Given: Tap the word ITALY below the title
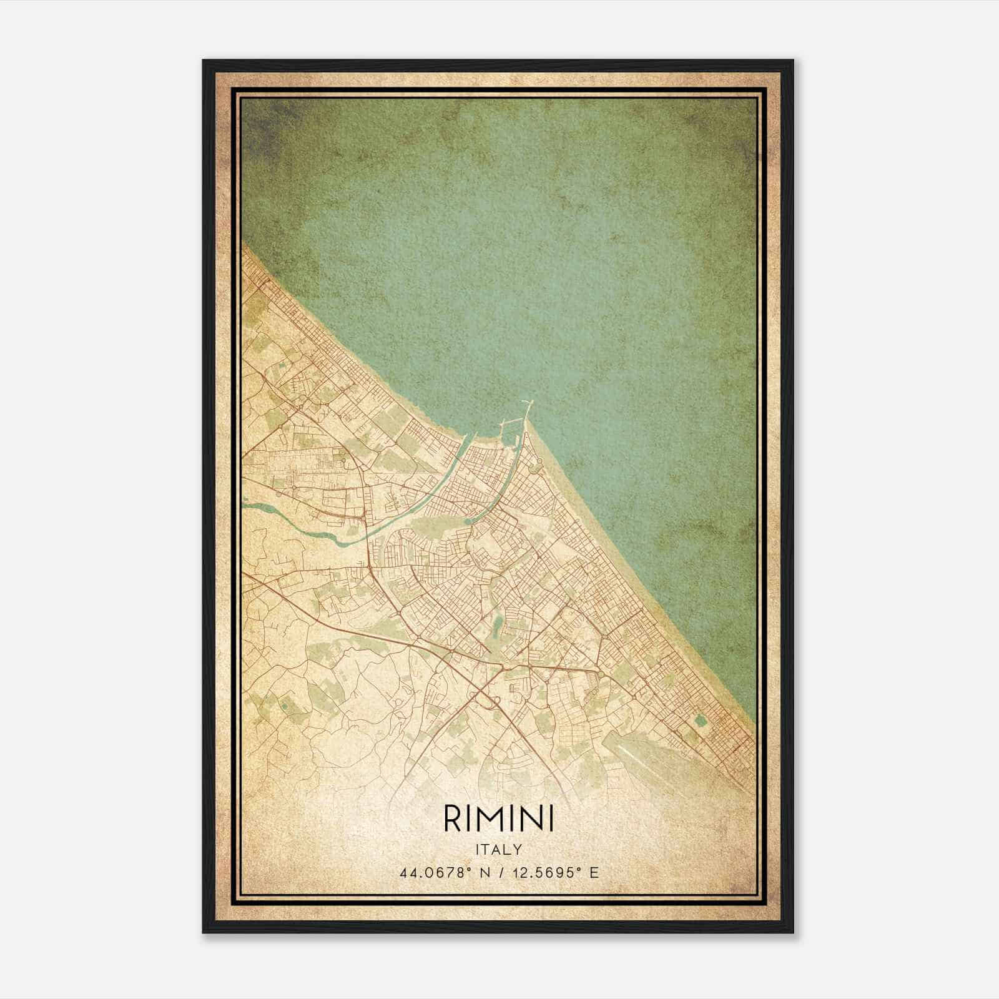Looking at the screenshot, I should (x=498, y=849).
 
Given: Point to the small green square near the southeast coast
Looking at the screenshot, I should (x=700, y=719).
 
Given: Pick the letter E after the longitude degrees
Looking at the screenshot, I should (x=594, y=872).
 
